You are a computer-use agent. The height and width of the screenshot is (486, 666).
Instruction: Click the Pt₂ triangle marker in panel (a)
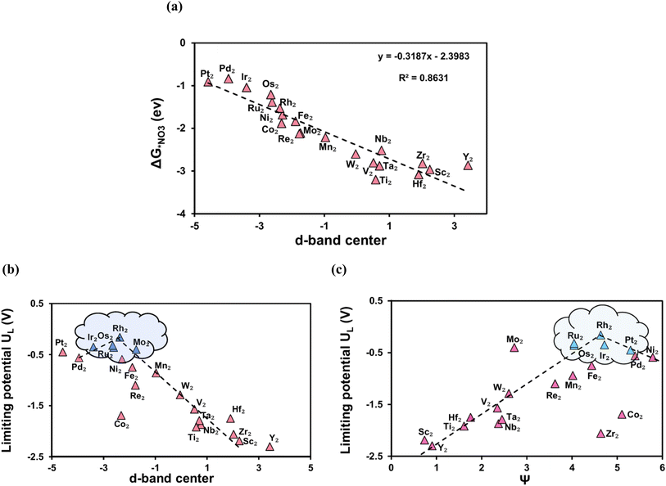pos(208,82)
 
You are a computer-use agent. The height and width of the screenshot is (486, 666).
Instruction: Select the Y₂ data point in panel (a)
pos(468,164)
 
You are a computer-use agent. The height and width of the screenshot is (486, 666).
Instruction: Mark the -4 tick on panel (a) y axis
pos(183,214)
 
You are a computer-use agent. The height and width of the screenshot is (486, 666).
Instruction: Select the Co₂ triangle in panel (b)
pos(121,416)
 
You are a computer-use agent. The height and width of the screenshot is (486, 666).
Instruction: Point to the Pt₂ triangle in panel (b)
pos(63,352)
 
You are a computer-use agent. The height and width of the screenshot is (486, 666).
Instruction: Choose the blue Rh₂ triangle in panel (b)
pos(120,337)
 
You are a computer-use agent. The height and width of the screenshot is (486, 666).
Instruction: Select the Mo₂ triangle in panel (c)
pos(514,348)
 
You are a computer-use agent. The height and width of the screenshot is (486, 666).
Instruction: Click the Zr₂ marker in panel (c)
pos(600,434)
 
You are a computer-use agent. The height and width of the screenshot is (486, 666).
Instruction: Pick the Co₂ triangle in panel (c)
pos(622,415)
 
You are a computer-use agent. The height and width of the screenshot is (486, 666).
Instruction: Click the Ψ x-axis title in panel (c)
pos(526,479)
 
